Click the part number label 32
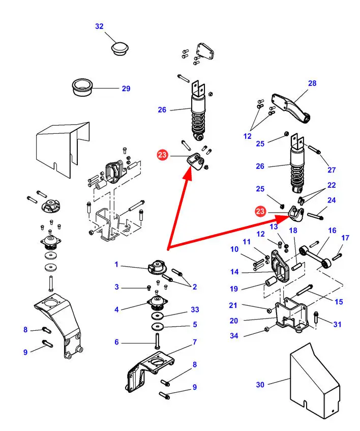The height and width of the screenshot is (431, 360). [99, 26]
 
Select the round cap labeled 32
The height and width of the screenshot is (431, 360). [120, 49]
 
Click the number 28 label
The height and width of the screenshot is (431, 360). [312, 83]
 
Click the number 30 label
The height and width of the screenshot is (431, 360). [260, 385]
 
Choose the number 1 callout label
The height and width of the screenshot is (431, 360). [116, 265]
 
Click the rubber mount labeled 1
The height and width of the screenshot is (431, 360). [157, 267]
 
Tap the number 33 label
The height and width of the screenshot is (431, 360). [195, 309]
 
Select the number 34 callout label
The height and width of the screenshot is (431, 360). [233, 336]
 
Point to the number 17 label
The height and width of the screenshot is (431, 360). [345, 238]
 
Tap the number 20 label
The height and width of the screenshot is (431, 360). [233, 321]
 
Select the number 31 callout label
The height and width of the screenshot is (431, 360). [338, 324]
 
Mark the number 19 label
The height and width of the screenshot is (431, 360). [233, 289]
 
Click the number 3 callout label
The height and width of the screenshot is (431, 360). [116, 287]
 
